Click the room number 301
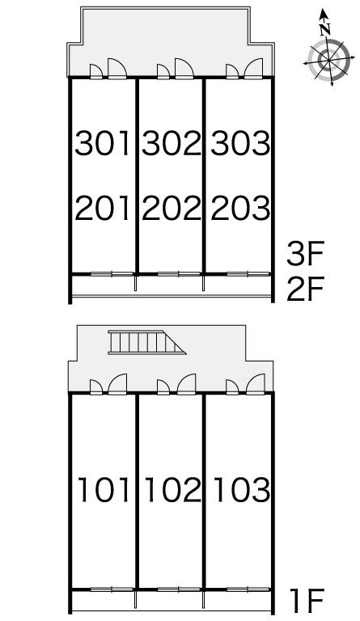coord(103,143)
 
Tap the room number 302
coord(172,143)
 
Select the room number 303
coord(240,143)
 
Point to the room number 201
coord(103,209)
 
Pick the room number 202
coord(172,209)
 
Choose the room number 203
coord(240,209)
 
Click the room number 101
coord(104,490)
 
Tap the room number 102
coord(173,490)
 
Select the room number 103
coord(242,490)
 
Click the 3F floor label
coord(305,254)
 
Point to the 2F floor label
coord(305,289)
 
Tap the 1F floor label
coord(307,600)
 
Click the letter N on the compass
coord(325,29)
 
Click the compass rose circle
coord(328,61)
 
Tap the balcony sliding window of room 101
coord(112,589)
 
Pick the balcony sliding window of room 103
coord(248,589)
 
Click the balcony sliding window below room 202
coord(179,273)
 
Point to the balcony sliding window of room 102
coord(179,589)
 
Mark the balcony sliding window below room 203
coord(248,273)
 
